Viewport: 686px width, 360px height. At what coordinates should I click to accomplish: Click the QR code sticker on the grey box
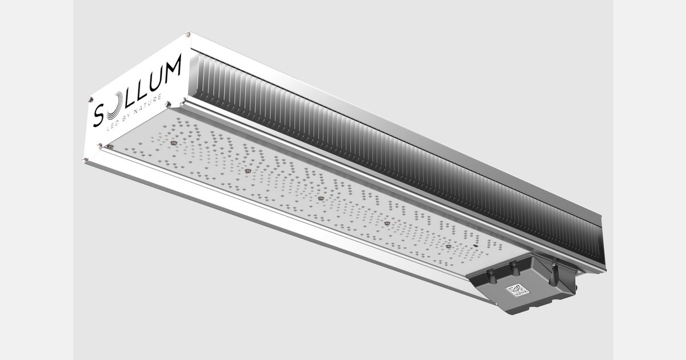(x=518, y=290)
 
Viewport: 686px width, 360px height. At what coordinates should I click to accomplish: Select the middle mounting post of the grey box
(x=514, y=268)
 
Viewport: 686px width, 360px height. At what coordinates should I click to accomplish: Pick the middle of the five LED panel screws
(x=321, y=198)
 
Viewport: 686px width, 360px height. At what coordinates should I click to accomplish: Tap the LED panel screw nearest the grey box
(x=449, y=246)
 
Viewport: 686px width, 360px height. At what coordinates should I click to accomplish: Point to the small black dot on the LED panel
(x=476, y=246)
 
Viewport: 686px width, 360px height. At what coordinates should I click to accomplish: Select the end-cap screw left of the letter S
(x=90, y=99)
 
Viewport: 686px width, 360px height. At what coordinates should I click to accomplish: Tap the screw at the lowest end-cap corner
(x=86, y=160)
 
